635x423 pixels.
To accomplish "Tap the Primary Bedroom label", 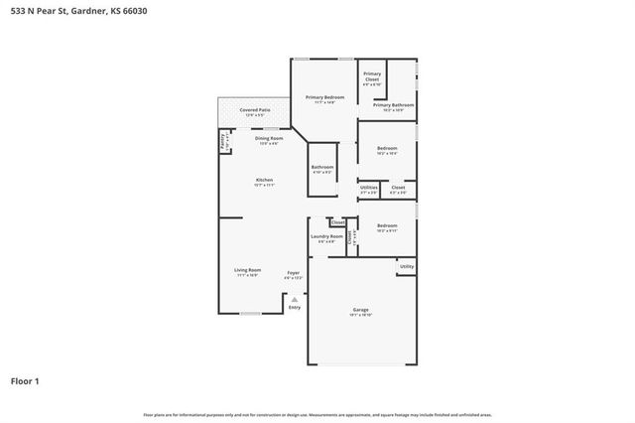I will (323, 97).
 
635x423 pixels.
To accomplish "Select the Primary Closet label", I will (372, 76).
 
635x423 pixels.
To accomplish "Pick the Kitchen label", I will (264, 180).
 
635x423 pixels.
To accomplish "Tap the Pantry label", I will (222, 143).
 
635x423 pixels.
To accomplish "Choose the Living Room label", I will (247, 271).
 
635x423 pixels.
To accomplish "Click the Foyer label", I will (294, 272).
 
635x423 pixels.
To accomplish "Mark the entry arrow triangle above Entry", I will (294, 298).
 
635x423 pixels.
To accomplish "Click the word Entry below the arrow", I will (294, 307).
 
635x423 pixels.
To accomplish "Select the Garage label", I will (360, 310).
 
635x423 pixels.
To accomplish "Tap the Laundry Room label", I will (326, 236).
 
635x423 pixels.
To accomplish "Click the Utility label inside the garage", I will (406, 266).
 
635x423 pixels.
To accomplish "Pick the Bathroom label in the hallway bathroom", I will (322, 167).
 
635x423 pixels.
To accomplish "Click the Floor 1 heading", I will (26, 380).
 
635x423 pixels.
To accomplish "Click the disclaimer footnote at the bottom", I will (317, 414).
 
